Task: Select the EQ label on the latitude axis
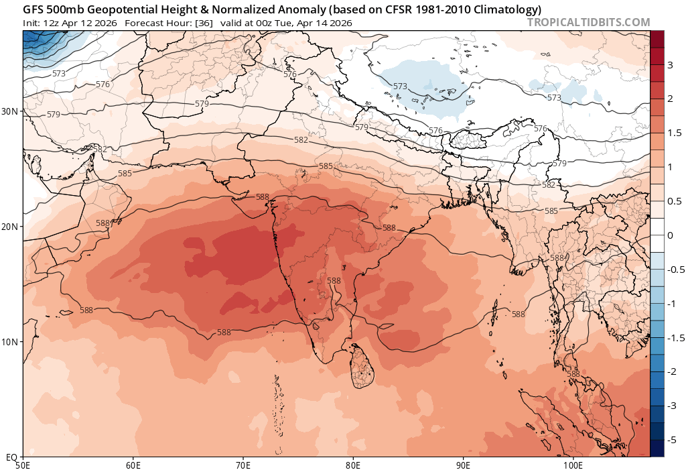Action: pyautogui.click(x=11, y=457)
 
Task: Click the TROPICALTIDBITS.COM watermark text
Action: pyautogui.click(x=588, y=22)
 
